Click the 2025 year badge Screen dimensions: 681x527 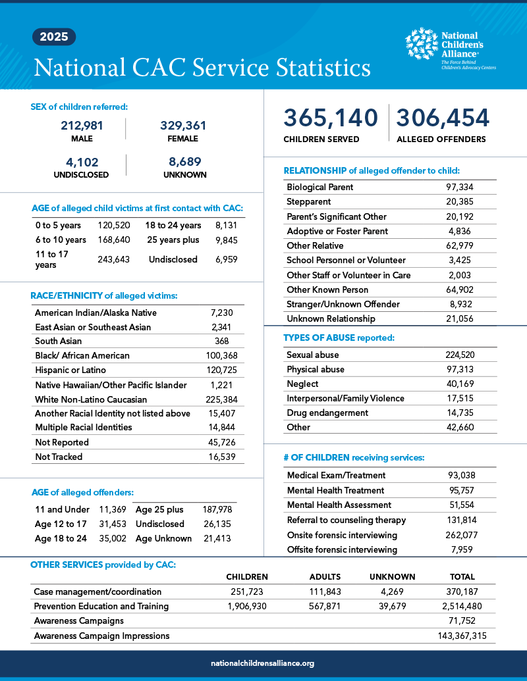(x=54, y=37)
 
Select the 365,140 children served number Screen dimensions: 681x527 (x=331, y=118)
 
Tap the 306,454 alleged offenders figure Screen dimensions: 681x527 (x=443, y=118)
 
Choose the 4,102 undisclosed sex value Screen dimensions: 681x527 (x=81, y=161)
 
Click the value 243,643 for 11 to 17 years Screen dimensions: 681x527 (x=113, y=259)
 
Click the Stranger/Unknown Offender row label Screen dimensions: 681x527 (x=334, y=304)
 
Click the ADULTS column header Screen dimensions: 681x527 (x=325, y=577)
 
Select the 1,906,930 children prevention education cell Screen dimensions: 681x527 (x=246, y=606)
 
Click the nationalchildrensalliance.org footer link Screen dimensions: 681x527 (x=263, y=664)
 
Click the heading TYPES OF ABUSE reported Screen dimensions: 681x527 (x=339, y=338)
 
